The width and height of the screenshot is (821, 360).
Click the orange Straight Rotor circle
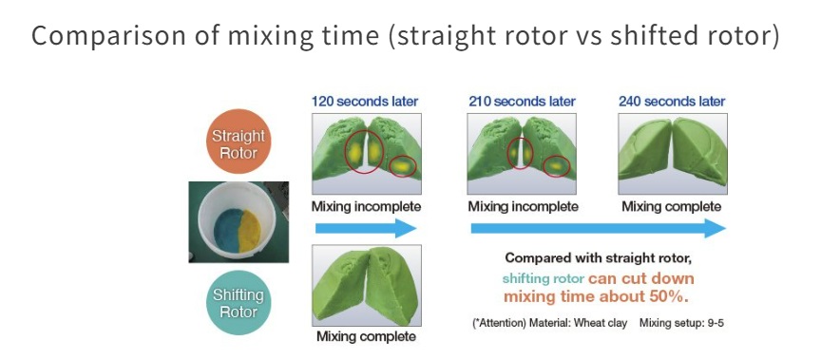[x=239, y=142]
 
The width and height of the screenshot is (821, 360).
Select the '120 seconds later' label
[x=365, y=101]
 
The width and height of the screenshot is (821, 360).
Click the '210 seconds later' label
[x=522, y=101]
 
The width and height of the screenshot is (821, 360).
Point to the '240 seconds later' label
[x=672, y=101]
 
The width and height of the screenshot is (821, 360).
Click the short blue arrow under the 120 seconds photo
[x=366, y=229]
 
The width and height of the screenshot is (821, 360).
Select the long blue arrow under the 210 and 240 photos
[x=599, y=229]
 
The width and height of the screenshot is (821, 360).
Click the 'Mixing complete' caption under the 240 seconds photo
[x=671, y=207]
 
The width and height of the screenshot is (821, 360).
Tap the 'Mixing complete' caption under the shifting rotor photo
[x=366, y=336]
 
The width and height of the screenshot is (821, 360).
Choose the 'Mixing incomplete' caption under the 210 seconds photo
[x=523, y=207]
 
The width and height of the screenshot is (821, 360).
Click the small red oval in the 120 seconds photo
[x=402, y=166]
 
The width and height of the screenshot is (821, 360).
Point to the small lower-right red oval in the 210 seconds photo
[x=556, y=166]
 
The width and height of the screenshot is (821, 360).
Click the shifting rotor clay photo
[x=367, y=285]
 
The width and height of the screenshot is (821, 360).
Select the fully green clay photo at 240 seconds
[x=673, y=154]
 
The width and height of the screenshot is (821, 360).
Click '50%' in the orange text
[x=668, y=296]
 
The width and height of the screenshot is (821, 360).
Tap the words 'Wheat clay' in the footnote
[x=601, y=323]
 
